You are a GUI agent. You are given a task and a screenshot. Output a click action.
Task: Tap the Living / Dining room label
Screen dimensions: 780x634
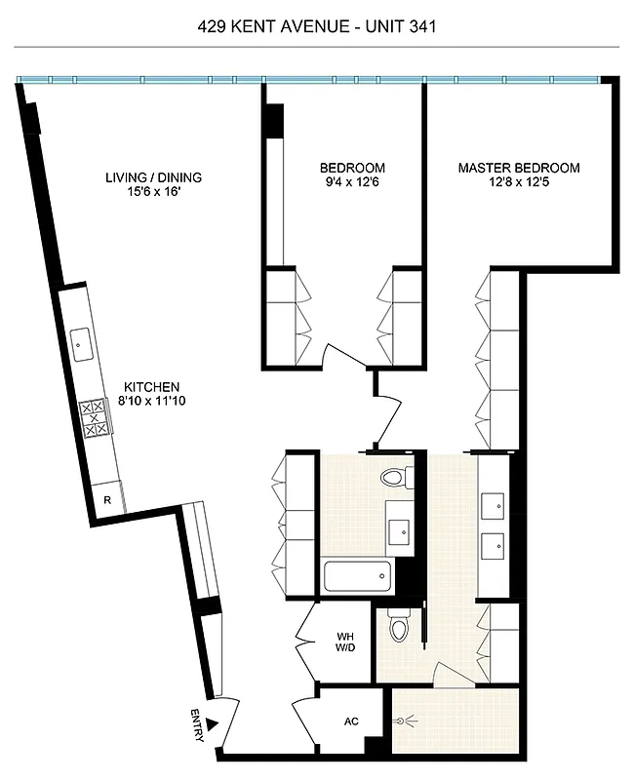point(154,177)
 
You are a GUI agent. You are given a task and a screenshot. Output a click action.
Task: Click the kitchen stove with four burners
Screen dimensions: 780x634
point(96,417)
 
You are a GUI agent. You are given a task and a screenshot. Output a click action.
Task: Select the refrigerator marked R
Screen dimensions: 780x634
point(107,500)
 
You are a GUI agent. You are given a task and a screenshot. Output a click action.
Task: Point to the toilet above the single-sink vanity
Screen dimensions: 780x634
point(396,479)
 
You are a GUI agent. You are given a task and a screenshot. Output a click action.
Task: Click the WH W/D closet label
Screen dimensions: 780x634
point(344,643)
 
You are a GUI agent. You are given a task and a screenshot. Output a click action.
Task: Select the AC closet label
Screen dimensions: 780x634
point(352,722)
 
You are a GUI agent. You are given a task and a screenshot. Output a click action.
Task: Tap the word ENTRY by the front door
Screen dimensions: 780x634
point(195,727)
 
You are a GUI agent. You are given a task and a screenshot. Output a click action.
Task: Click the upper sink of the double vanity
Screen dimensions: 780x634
point(492,504)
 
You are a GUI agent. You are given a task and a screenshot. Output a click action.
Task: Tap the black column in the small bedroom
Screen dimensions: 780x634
point(274,120)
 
